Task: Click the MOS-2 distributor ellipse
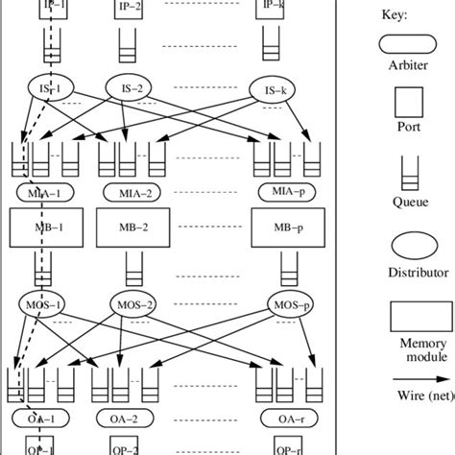pyautogui.click(x=132, y=305)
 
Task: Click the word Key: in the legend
pyautogui.click(x=394, y=16)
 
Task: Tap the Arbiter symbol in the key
pyautogui.click(x=396, y=45)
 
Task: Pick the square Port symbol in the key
pyautogui.click(x=396, y=101)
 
